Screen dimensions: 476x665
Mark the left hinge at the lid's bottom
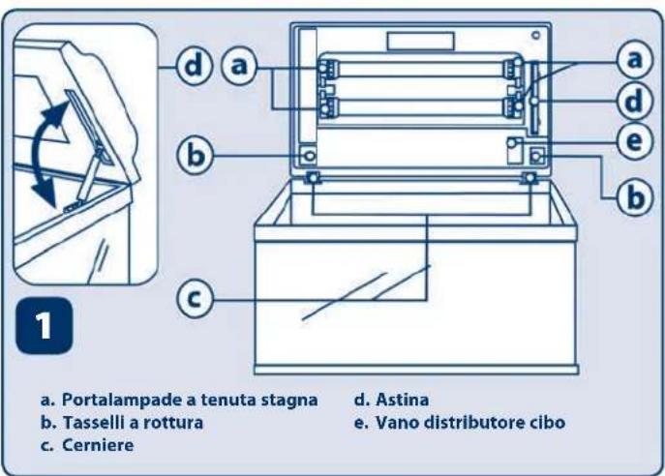315,179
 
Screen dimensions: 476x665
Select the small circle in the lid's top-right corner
532,36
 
